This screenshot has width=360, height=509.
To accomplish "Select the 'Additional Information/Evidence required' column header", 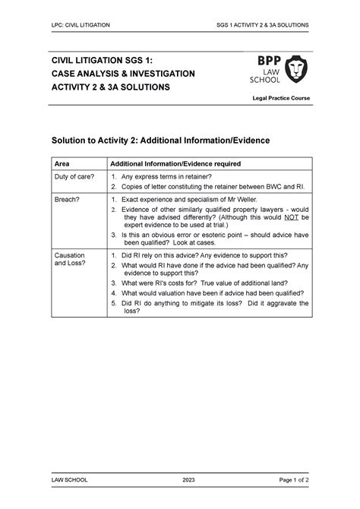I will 176,163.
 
